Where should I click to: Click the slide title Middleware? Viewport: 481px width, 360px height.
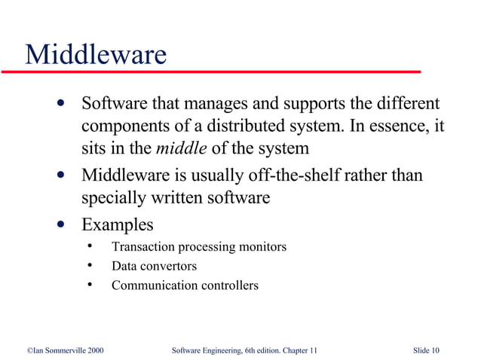(x=96, y=53)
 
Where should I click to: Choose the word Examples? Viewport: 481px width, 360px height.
(x=117, y=224)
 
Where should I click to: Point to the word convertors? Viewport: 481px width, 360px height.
(x=167, y=266)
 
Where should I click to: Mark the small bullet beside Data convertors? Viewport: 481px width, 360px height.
(x=90, y=266)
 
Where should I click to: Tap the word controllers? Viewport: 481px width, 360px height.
(x=230, y=285)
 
